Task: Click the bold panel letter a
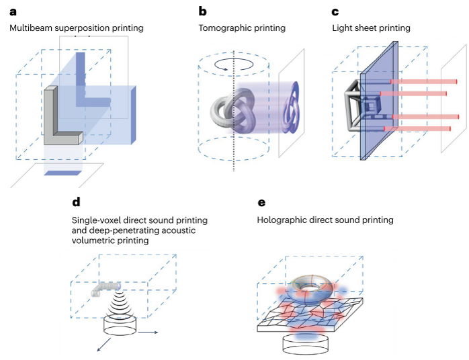13,11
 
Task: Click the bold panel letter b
202,11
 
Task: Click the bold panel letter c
335,11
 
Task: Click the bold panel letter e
261,202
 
